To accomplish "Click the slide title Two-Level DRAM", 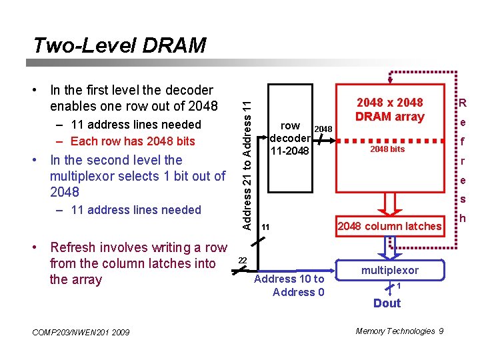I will pyautogui.click(x=120, y=45).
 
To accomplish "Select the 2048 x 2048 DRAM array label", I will pyautogui.click(x=390, y=109).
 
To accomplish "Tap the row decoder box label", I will pyautogui.click(x=290, y=138).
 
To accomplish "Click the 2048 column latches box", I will pyautogui.click(x=389, y=226).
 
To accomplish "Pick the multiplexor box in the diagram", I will pyautogui.click(x=390, y=270).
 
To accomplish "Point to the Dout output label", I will pyautogui.click(x=387, y=303).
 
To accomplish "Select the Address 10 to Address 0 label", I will pyautogui.click(x=289, y=285).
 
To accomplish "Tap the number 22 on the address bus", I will pyautogui.click(x=243, y=260).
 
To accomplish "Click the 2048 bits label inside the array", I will pyautogui.click(x=387, y=149).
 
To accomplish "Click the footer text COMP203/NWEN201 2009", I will pyautogui.click(x=81, y=333).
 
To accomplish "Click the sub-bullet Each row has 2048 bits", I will pyautogui.click(x=132, y=141).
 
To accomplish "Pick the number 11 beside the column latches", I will pyautogui.click(x=265, y=227).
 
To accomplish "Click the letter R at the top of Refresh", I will pyautogui.click(x=461, y=103).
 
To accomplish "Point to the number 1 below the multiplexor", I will pyautogui.click(x=398, y=287).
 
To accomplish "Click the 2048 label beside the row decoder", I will pyautogui.click(x=323, y=128).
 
